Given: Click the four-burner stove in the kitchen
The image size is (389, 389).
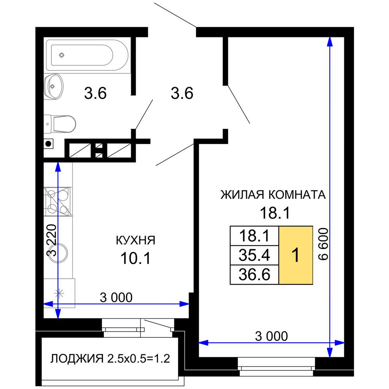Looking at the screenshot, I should [x=58, y=201].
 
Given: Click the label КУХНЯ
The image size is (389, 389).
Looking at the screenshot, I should [x=135, y=240].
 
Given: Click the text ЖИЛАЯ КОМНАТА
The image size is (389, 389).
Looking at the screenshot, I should [x=273, y=194].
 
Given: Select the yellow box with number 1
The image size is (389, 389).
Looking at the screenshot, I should [x=296, y=255].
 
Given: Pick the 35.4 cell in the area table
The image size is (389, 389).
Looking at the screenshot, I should [x=254, y=255].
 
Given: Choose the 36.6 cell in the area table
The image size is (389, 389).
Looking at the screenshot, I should [x=254, y=275].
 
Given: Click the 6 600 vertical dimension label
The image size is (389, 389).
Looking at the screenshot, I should [x=324, y=244].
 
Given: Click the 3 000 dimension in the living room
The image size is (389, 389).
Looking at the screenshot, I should [x=271, y=336].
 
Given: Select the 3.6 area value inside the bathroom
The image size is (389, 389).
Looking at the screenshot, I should [x=95, y=94].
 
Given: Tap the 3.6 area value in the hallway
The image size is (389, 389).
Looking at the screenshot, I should [x=182, y=94].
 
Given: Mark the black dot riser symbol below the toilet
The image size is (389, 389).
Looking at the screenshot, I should [x=48, y=144].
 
